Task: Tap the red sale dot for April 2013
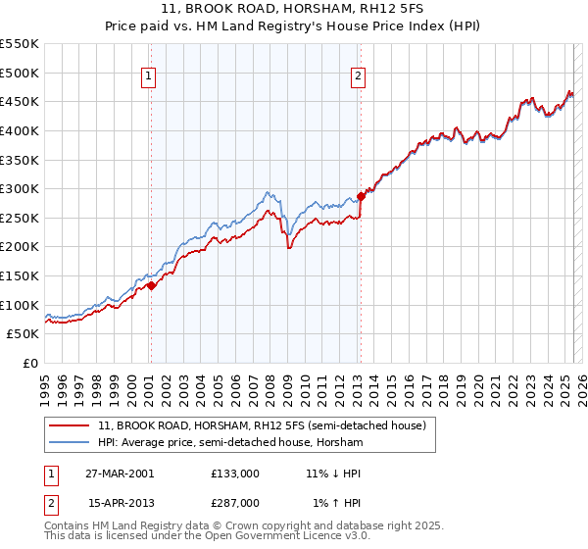361,196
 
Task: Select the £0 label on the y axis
29,363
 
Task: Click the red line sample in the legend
70,426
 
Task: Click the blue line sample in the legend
70,443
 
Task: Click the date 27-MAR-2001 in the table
122,473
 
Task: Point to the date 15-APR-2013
122,502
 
